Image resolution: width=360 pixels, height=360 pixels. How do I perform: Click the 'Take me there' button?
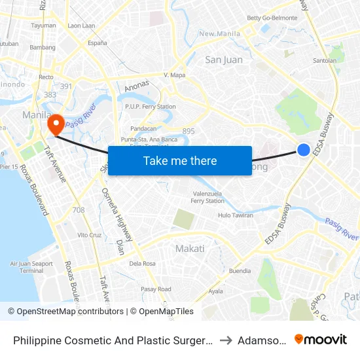point(180,160)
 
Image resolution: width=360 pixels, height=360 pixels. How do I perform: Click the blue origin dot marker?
point(304,150)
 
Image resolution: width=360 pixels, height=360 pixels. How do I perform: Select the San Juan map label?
point(224,60)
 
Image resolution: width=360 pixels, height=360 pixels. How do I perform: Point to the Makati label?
point(190,248)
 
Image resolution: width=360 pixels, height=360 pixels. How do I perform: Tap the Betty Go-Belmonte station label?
point(272,18)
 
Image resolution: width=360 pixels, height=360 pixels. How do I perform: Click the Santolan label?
point(325,61)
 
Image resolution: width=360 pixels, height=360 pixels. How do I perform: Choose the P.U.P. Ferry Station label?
point(151,107)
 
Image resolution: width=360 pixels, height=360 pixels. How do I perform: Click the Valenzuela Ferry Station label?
point(207,197)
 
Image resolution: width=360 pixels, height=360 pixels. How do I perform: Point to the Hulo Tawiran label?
point(236,215)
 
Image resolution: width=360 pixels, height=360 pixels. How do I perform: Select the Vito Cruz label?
point(90,234)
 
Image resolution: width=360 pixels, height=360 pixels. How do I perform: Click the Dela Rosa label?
point(142,264)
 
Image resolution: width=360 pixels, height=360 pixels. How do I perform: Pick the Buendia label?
point(240,270)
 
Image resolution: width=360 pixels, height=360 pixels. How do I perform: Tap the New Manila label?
point(216,33)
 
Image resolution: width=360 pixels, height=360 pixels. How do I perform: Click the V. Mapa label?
point(175,75)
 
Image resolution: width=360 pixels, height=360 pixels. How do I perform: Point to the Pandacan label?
point(143,129)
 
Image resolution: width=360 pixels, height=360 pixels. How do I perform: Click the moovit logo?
point(321,339)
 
